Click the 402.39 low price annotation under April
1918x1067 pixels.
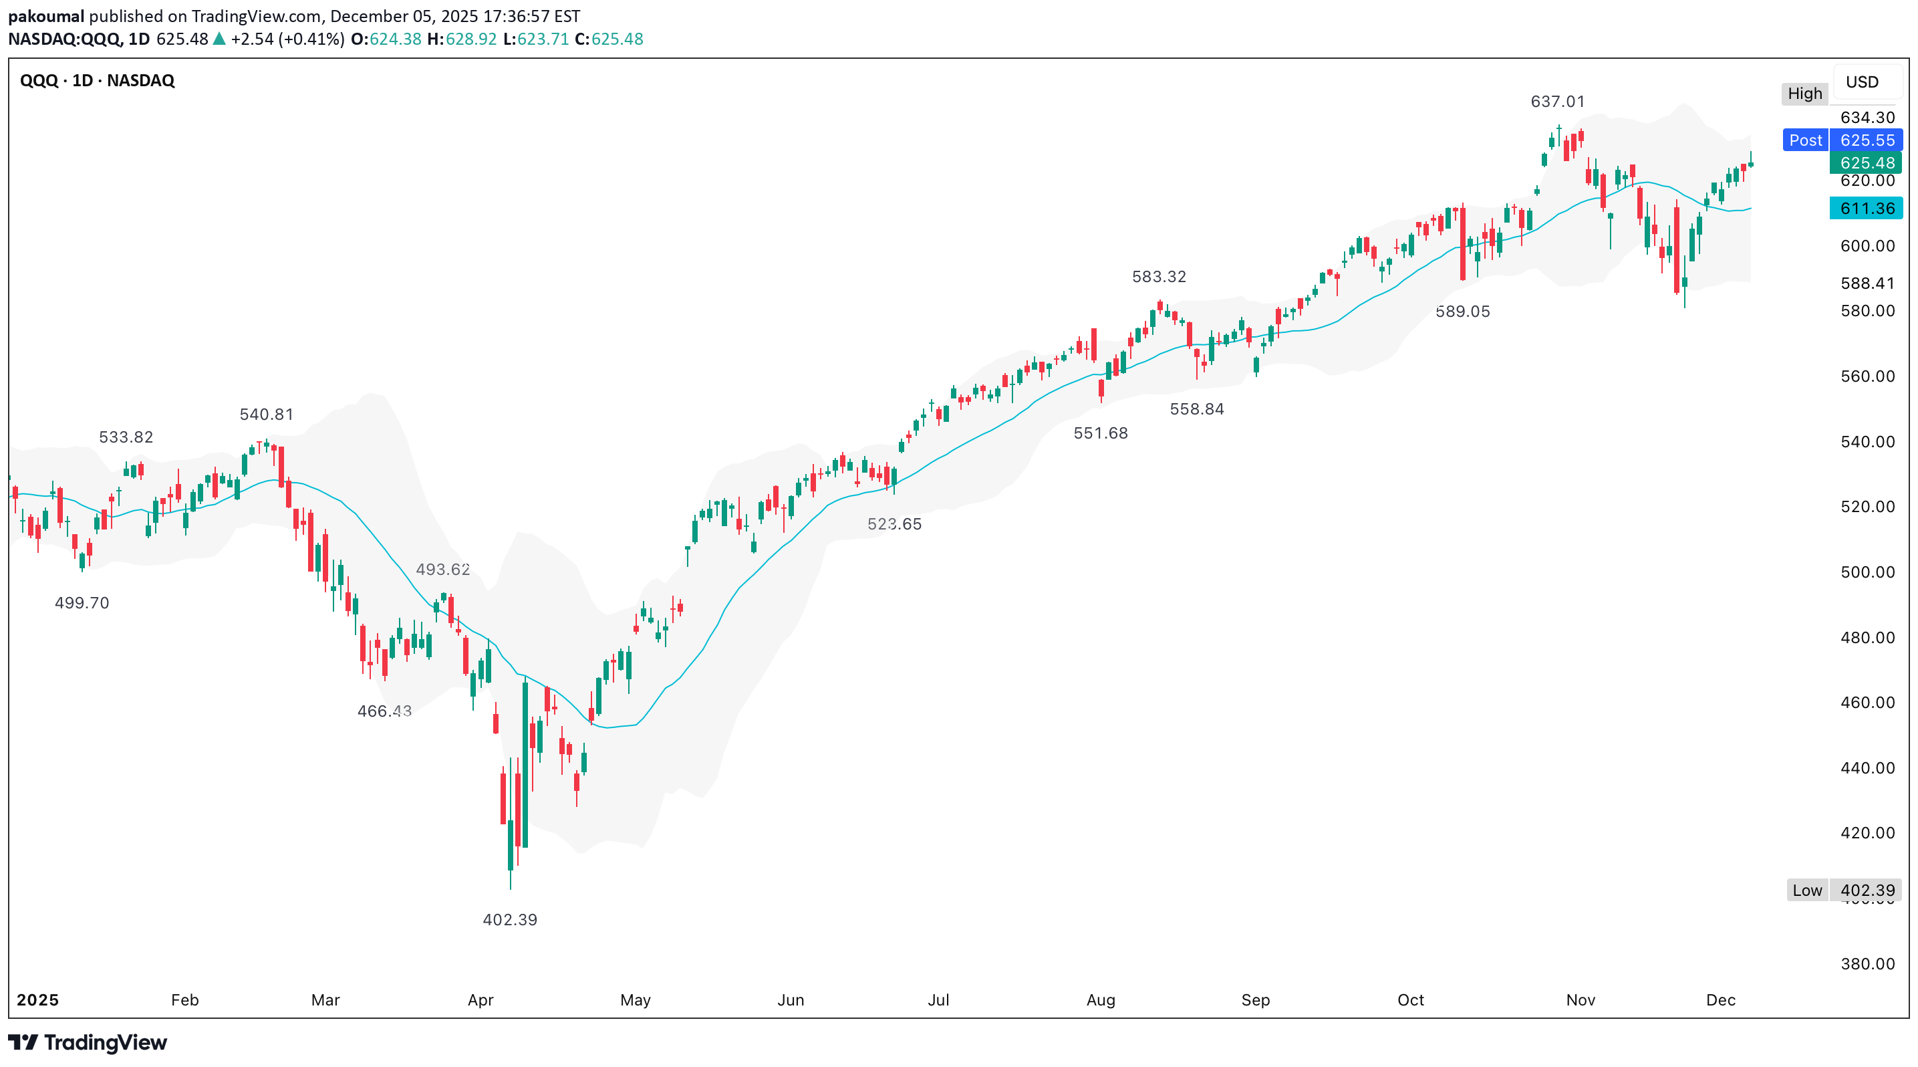(x=510, y=919)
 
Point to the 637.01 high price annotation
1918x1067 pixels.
(x=1558, y=101)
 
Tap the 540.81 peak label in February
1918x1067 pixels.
(x=267, y=414)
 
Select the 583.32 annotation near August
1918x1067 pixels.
(x=1159, y=276)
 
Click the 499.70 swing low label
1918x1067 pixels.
(x=82, y=602)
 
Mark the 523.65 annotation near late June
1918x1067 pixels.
(x=894, y=524)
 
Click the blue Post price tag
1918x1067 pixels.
(x=1806, y=140)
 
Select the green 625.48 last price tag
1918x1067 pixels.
(x=1867, y=162)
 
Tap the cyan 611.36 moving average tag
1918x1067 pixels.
(x=1867, y=209)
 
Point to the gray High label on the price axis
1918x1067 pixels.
(x=1805, y=94)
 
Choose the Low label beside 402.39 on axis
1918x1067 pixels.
(x=1807, y=890)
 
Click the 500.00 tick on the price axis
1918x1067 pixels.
(x=1867, y=572)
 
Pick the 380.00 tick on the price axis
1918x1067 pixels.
(x=1867, y=963)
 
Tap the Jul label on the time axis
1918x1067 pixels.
(x=938, y=1000)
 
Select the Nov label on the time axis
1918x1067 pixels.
(x=1581, y=1000)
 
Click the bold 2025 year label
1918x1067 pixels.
(x=38, y=1000)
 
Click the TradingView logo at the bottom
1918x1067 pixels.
(x=88, y=1042)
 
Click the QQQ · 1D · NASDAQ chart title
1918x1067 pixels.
(x=98, y=80)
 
